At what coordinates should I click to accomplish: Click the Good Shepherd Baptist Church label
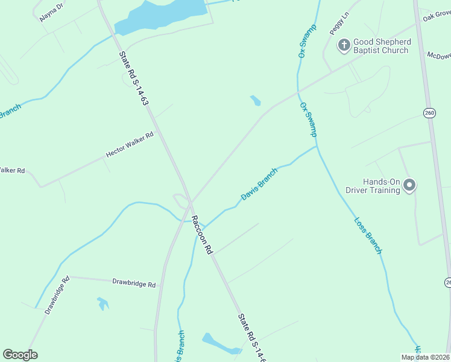tap(382, 46)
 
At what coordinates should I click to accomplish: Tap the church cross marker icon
tap(344, 45)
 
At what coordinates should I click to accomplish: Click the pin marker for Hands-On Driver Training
tap(410, 185)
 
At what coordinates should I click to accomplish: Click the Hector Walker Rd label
tap(130, 145)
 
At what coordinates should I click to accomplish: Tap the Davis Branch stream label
tap(259, 185)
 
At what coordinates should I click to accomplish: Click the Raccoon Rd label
tap(203, 234)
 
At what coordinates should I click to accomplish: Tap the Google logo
tap(20, 355)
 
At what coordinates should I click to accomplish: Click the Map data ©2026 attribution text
tap(425, 357)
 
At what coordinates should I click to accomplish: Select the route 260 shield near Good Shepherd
tap(429, 113)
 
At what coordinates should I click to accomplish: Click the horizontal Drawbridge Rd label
tap(134, 283)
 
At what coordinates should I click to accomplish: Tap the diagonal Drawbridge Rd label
tap(57, 295)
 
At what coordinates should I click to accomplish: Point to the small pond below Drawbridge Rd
tap(103, 303)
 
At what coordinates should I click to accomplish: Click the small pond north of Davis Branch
tap(256, 100)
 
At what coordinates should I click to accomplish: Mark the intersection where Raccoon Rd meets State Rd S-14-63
tap(191, 202)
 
